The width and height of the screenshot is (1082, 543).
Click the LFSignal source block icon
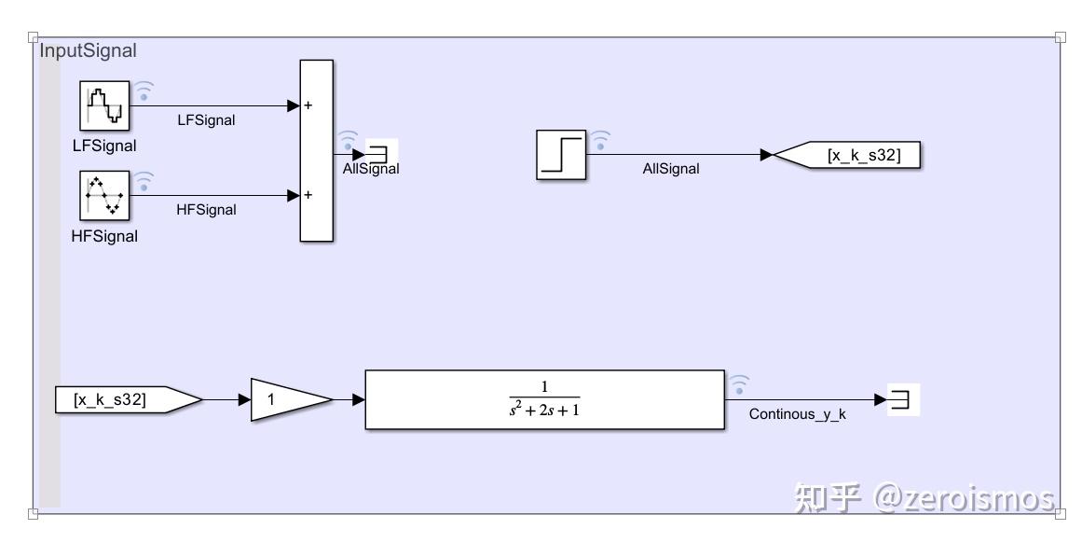tap(104, 105)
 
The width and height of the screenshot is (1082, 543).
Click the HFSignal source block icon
tap(104, 196)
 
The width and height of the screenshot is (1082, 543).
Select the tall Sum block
tap(316, 151)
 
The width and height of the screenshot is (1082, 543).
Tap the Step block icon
tap(561, 155)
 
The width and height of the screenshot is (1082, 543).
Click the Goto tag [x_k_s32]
tap(848, 155)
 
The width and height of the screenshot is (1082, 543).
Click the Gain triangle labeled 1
tap(285, 400)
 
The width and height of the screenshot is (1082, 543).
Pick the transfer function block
tap(544, 399)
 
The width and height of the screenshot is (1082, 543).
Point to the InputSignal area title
tap(88, 51)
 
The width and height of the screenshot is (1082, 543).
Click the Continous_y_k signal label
tap(797, 414)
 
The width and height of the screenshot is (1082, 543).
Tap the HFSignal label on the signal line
tap(206, 210)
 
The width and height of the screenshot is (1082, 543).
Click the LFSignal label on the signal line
tap(206, 119)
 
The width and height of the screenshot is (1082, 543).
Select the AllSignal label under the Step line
tap(670, 169)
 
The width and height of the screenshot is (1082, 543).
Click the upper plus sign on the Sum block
tap(308, 105)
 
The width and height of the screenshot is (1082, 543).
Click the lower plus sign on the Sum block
tap(308, 196)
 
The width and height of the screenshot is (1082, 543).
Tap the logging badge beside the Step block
tap(601, 140)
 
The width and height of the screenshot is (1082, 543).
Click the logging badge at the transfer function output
tap(738, 383)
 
